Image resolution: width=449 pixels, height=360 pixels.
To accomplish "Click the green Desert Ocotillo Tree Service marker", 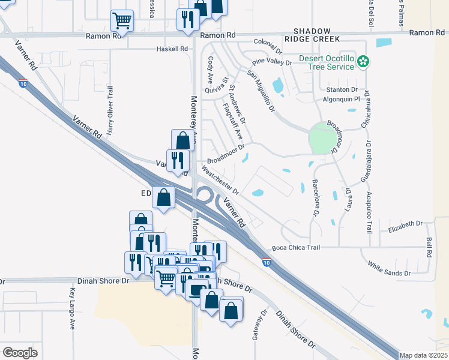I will [363, 61].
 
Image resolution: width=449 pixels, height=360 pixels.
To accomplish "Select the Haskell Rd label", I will [172, 49].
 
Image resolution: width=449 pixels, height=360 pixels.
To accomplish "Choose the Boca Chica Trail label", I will [296, 247].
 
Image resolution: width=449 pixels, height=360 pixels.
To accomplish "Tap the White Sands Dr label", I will [389, 268].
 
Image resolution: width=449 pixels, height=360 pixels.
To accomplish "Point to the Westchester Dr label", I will [221, 181].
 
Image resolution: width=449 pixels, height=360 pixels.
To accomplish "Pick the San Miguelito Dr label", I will [261, 92].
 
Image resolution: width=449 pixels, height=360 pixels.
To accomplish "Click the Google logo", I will [20, 353].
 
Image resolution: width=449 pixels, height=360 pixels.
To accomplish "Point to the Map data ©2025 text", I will [423, 355].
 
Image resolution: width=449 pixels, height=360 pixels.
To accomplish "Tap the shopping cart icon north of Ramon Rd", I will [122, 21].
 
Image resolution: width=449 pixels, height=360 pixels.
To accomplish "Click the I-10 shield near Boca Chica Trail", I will [266, 262].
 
